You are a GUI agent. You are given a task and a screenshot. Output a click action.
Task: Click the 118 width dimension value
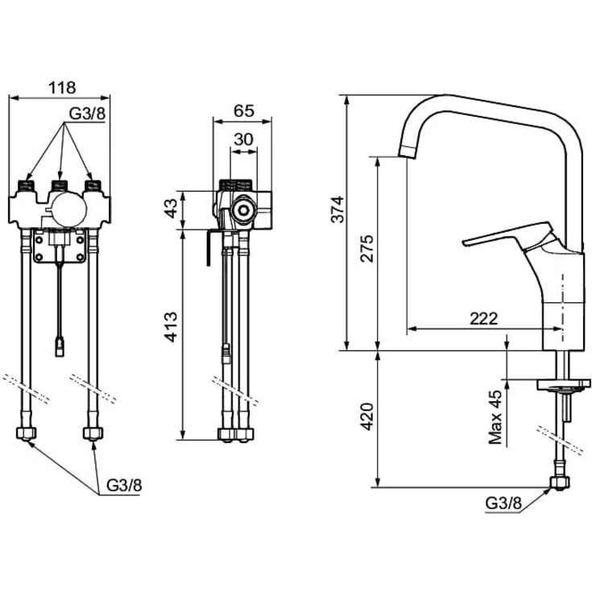pyautogui.click(x=62, y=88)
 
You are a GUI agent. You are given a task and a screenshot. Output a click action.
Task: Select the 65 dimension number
pyautogui.click(x=244, y=111)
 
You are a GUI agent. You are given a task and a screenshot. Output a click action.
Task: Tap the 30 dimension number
pyautogui.click(x=243, y=139)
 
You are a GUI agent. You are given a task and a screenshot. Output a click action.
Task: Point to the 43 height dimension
pyautogui.click(x=171, y=208)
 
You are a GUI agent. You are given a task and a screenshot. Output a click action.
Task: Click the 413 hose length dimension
pyautogui.click(x=171, y=327)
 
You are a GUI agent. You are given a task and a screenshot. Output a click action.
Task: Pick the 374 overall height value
pyautogui.click(x=337, y=209)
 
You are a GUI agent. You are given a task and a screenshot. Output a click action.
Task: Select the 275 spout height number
pyautogui.click(x=366, y=248)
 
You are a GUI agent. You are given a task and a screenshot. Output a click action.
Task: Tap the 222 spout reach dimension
pyautogui.click(x=483, y=319)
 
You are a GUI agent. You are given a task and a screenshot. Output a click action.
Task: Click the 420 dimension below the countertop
pyautogui.click(x=366, y=417)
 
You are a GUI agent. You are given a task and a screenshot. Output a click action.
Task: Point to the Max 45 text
pyautogui.click(x=495, y=417)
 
